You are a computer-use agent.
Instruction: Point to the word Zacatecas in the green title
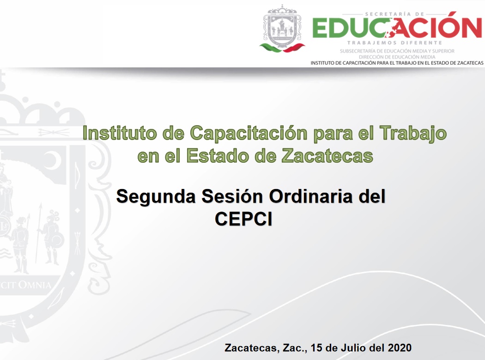coord(327,156)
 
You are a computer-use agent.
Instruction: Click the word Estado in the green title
coord(218,156)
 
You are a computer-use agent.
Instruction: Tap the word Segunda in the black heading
coord(156,197)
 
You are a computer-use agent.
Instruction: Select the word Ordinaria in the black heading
coord(310,196)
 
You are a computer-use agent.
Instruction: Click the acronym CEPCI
coord(243,219)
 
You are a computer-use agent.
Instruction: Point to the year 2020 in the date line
coord(400,348)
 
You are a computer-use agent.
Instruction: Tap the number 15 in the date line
coord(316,348)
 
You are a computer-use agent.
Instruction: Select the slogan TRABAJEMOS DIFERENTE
coord(394,43)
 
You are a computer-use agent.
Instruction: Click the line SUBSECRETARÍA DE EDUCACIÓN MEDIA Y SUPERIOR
coord(397,51)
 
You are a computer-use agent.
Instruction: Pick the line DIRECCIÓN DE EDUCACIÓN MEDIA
coord(397,57)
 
